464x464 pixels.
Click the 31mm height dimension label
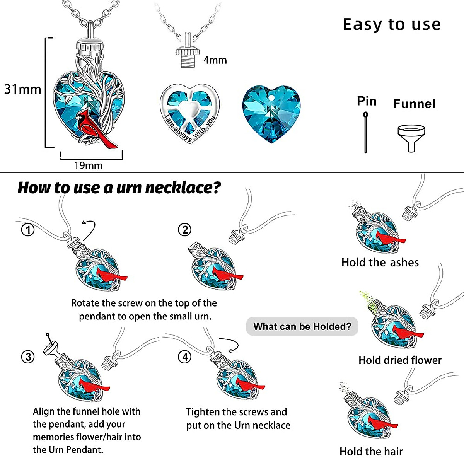point(22,89)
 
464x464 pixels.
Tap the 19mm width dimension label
point(88,166)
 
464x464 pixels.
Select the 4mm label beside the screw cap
point(215,60)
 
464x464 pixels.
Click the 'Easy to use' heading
point(392,24)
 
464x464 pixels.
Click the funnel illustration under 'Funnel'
point(411,137)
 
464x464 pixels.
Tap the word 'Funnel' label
point(414,104)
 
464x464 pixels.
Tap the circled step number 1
point(28,230)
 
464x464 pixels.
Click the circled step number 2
point(185,230)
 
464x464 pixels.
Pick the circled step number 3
point(28,357)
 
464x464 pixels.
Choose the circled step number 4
point(185,357)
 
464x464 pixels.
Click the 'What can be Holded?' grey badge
point(302,327)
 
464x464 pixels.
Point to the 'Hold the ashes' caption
point(380,263)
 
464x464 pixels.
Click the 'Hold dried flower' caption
point(400,360)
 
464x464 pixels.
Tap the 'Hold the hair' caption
point(371,451)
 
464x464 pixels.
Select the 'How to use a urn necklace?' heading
point(119,188)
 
